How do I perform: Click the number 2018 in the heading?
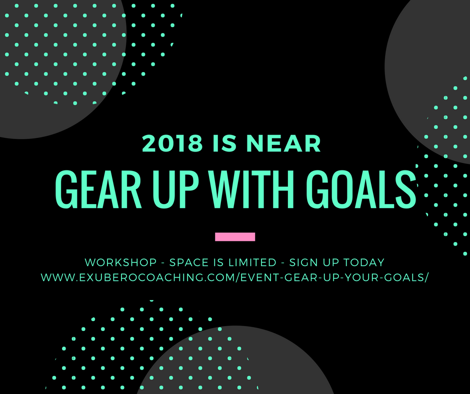[172, 143]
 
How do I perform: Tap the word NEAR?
[283, 143]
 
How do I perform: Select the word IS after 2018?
[225, 143]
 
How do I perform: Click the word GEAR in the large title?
[98, 189]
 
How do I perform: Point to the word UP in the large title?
[175, 189]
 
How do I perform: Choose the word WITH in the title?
[252, 189]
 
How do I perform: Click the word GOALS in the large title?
[361, 189]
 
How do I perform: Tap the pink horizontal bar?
[235, 237]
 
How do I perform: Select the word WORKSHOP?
[121, 262]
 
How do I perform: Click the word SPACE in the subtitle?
[189, 262]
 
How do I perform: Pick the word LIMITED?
[252, 262]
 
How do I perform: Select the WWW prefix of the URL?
[57, 277]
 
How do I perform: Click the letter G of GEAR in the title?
[64, 189]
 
